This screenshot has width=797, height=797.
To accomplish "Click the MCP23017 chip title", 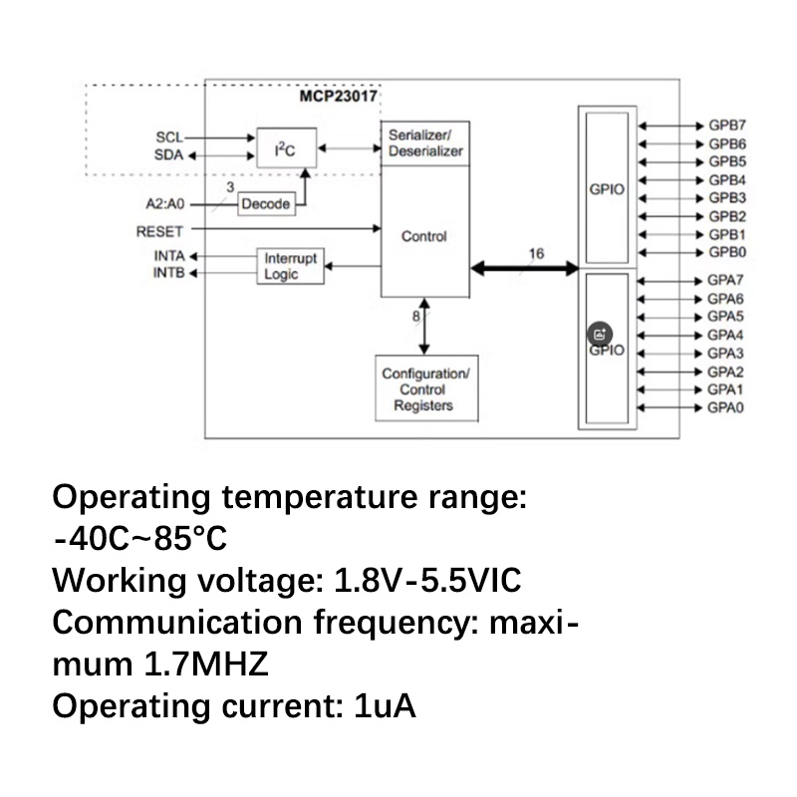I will [x=341, y=97].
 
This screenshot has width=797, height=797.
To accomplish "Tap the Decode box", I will [x=265, y=204].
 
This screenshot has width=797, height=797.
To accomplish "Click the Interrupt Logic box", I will [x=291, y=266].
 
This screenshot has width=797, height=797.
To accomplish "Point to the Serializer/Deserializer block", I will [x=424, y=143].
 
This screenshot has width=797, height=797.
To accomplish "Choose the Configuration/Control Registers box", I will [x=426, y=390].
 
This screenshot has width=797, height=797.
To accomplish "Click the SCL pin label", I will [x=169, y=137].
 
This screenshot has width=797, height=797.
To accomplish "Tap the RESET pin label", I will [x=159, y=231].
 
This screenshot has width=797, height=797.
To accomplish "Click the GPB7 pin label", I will [x=727, y=127].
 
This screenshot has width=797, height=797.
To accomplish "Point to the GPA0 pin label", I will [x=727, y=407].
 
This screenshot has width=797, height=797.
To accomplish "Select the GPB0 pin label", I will [x=727, y=252].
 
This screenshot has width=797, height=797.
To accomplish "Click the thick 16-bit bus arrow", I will [x=525, y=268].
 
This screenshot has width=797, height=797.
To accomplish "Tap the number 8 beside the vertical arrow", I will [x=416, y=316].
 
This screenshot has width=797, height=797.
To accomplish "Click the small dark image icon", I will [x=601, y=335].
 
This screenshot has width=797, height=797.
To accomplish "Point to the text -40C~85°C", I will [x=140, y=540].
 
